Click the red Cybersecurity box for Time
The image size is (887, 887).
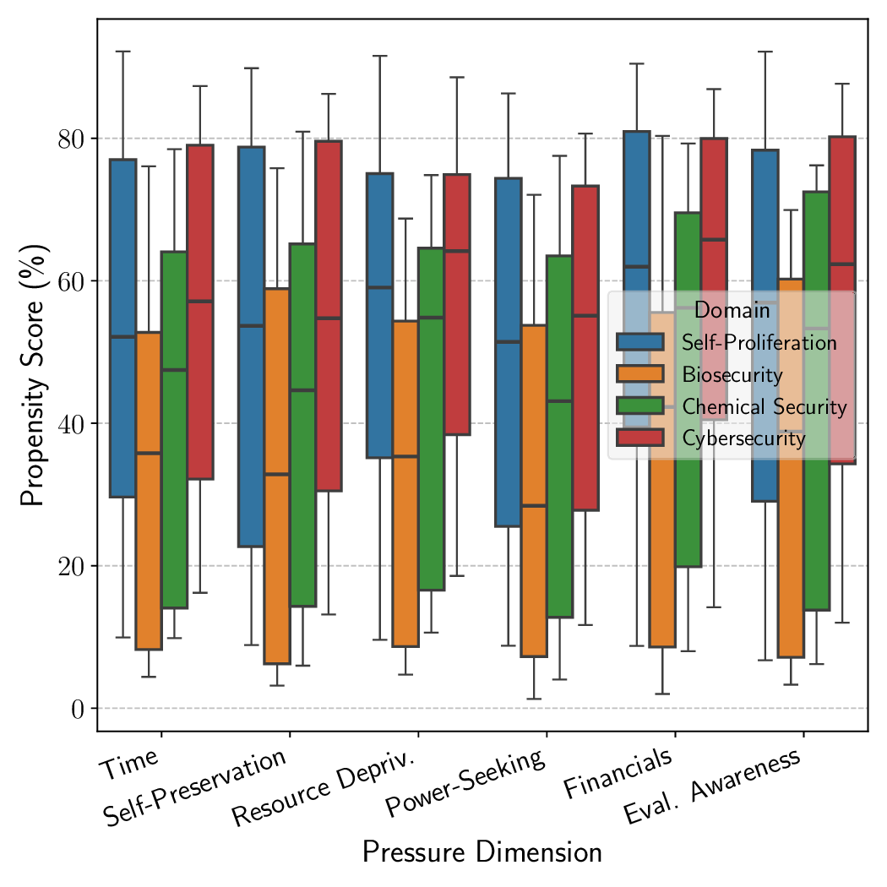click(x=199, y=312)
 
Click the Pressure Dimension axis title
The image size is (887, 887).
click(x=482, y=852)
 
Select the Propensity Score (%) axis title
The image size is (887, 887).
click(x=33, y=374)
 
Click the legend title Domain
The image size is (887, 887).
click(x=732, y=310)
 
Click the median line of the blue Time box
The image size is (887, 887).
click(x=123, y=336)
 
